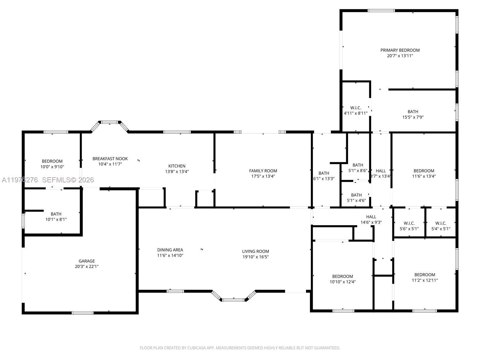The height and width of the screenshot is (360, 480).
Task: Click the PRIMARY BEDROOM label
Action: pyautogui.click(x=400, y=50)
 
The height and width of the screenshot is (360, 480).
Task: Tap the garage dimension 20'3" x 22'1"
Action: pyautogui.click(x=87, y=266)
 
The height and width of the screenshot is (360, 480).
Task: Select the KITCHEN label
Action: pyautogui.click(x=177, y=166)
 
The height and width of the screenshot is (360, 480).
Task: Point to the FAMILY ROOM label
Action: pyautogui.click(x=263, y=171)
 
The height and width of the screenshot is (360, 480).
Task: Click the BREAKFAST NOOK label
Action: pyautogui.click(x=110, y=159)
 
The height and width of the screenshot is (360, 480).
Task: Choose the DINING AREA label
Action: pyautogui.click(x=170, y=250)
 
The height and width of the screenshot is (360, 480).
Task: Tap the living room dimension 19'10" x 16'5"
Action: pyautogui.click(x=256, y=257)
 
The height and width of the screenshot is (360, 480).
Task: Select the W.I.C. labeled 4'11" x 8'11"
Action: pyautogui.click(x=355, y=110)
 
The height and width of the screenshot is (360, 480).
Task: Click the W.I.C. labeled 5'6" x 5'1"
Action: pyautogui.click(x=409, y=226)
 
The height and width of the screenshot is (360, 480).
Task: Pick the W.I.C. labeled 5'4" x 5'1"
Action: pyautogui.click(x=441, y=226)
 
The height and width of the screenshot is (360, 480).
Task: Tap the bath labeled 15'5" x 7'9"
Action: pyautogui.click(x=413, y=114)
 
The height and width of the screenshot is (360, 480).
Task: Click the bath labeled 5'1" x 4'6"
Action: pyautogui.click(x=356, y=198)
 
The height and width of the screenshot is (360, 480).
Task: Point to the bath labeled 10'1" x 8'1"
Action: pyautogui.click(x=56, y=217)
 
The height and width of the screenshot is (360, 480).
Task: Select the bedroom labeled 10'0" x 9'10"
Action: pyautogui.click(x=52, y=164)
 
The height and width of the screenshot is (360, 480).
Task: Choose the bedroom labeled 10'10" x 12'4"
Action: pyautogui.click(x=343, y=279)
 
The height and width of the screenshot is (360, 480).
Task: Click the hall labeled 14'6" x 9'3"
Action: pyautogui.click(x=371, y=219)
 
